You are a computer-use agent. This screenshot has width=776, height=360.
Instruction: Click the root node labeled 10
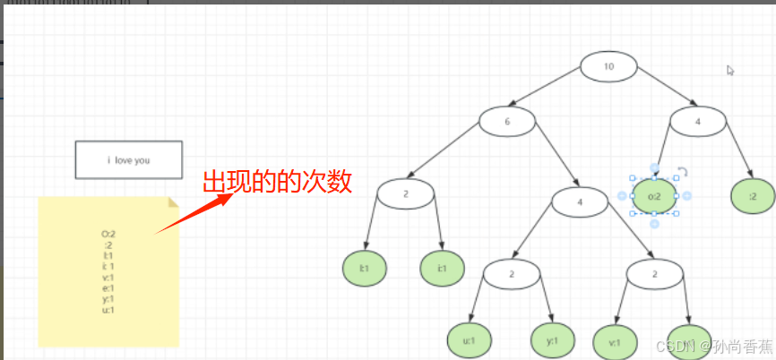(x=608, y=66)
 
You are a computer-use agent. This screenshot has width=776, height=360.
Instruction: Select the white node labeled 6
(x=506, y=121)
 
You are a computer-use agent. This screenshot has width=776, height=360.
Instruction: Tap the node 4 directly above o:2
(x=698, y=121)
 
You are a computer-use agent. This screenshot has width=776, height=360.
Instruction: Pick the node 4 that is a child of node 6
(x=580, y=201)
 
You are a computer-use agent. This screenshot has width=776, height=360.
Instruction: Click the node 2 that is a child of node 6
(x=405, y=194)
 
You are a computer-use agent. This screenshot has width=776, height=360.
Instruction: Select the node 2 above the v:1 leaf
(x=655, y=273)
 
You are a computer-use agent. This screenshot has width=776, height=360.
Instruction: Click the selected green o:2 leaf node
(x=654, y=196)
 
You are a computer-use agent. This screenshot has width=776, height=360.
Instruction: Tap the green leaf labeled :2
(x=753, y=196)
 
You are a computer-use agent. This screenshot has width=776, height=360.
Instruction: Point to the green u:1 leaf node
(x=470, y=340)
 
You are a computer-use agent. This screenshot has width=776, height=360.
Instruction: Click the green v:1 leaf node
(x=616, y=340)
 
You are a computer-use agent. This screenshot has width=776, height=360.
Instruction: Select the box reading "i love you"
(x=128, y=159)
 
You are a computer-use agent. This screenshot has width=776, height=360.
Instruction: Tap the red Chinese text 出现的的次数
(x=276, y=182)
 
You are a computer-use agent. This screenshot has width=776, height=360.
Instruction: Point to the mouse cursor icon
(x=731, y=70)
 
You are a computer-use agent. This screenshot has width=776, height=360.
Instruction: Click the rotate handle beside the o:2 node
(x=682, y=172)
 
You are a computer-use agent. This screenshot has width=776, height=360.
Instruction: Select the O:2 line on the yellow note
(x=108, y=234)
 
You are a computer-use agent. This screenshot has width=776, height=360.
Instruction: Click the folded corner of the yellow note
(x=173, y=202)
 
